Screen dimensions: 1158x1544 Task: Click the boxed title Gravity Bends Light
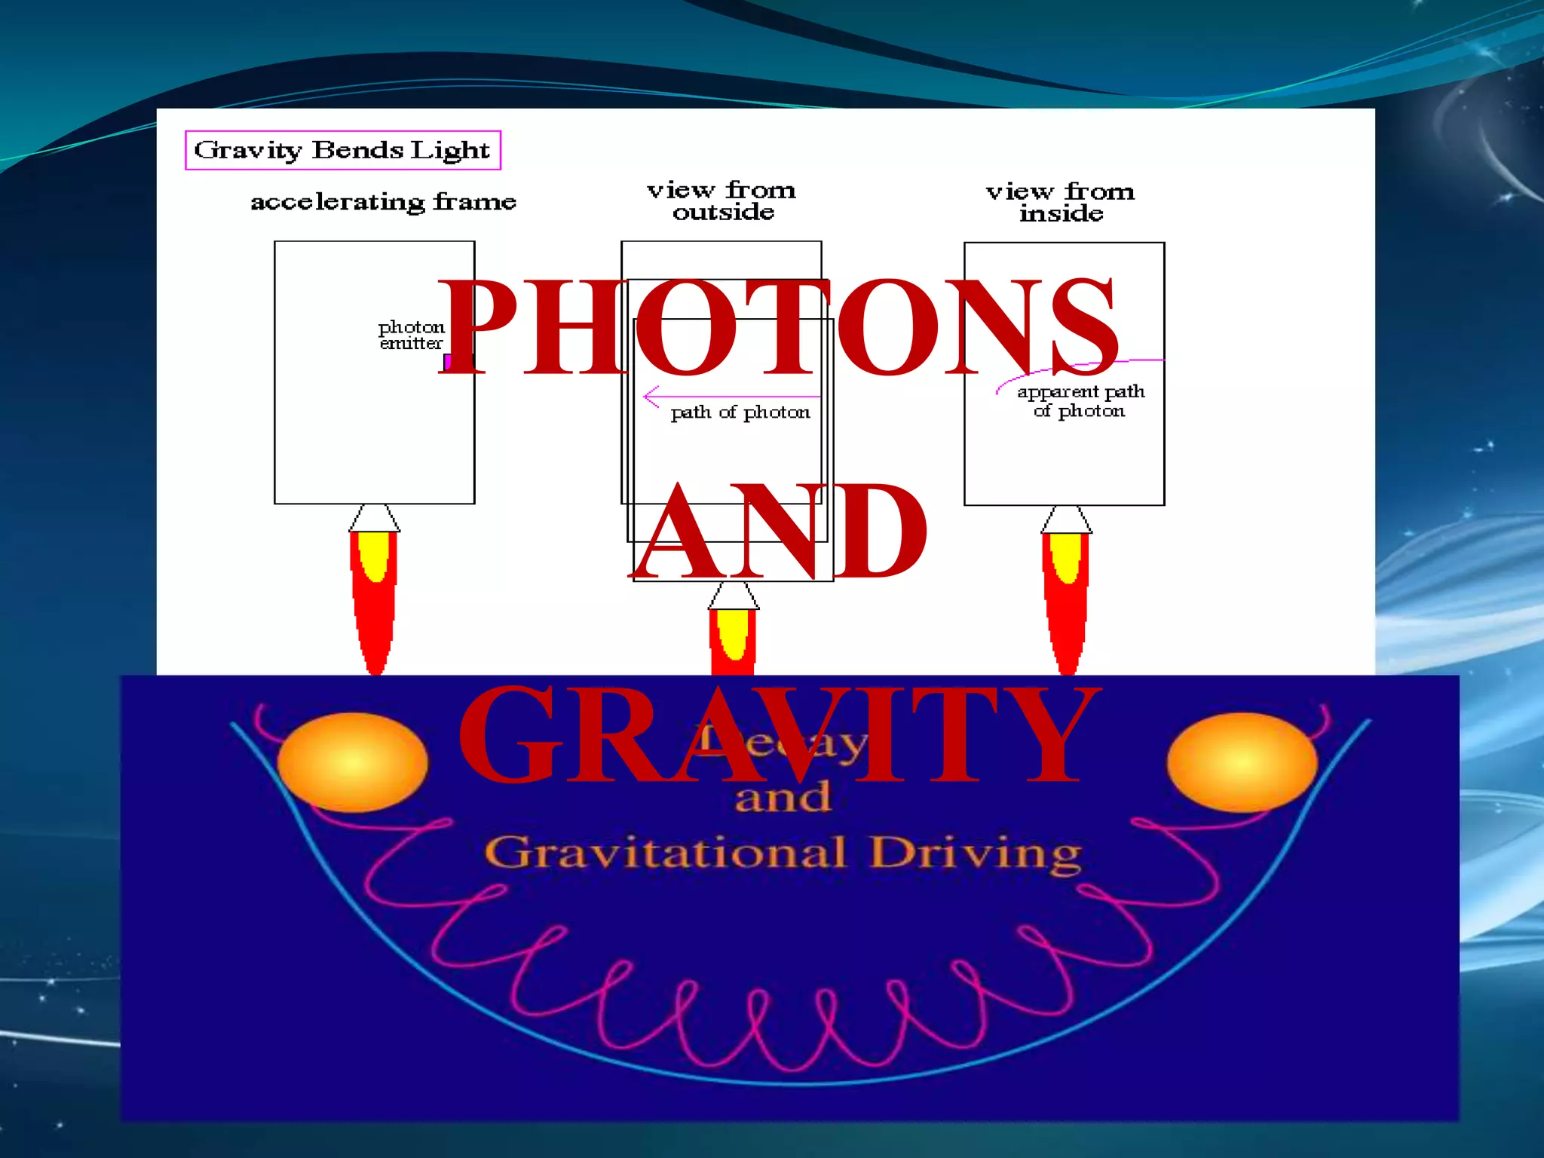click(x=342, y=150)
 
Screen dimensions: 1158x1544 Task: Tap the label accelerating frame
click(x=383, y=202)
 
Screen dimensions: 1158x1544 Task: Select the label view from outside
click(x=721, y=201)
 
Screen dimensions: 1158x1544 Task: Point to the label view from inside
click(x=1060, y=203)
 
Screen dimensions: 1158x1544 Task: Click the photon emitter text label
click(x=411, y=335)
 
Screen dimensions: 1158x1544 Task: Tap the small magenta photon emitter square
click(x=447, y=362)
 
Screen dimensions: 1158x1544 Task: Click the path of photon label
click(x=740, y=413)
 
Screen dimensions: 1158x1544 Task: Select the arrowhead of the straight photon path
click(x=650, y=396)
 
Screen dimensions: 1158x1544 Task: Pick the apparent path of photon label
click(x=1080, y=401)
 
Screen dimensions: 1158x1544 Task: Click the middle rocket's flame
click(x=733, y=641)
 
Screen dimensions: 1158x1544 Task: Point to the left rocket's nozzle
click(x=375, y=518)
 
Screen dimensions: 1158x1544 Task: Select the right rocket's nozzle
click(x=1066, y=519)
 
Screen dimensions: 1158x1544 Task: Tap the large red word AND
click(x=780, y=532)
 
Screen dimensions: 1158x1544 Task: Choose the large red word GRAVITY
click(x=777, y=735)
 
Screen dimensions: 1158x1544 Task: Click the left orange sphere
click(x=352, y=762)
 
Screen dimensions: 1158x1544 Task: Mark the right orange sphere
click(x=1242, y=762)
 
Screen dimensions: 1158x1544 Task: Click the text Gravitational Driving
click(x=783, y=853)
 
